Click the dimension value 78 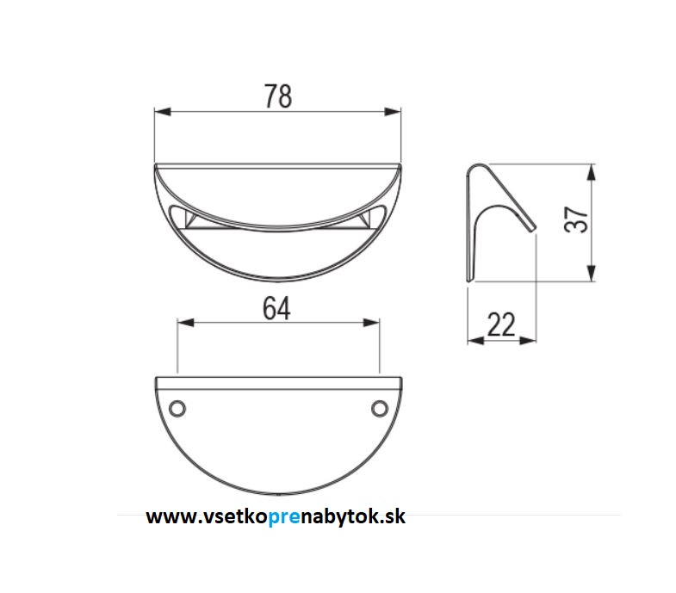click(278, 96)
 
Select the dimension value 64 click(276, 309)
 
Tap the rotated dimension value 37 click(576, 219)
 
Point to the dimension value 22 click(501, 324)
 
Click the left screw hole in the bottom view click(177, 408)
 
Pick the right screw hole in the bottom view click(380, 408)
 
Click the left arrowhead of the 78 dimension click(163, 112)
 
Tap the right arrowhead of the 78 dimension click(393, 112)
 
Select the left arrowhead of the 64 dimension click(186, 323)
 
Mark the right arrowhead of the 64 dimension click(371, 323)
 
